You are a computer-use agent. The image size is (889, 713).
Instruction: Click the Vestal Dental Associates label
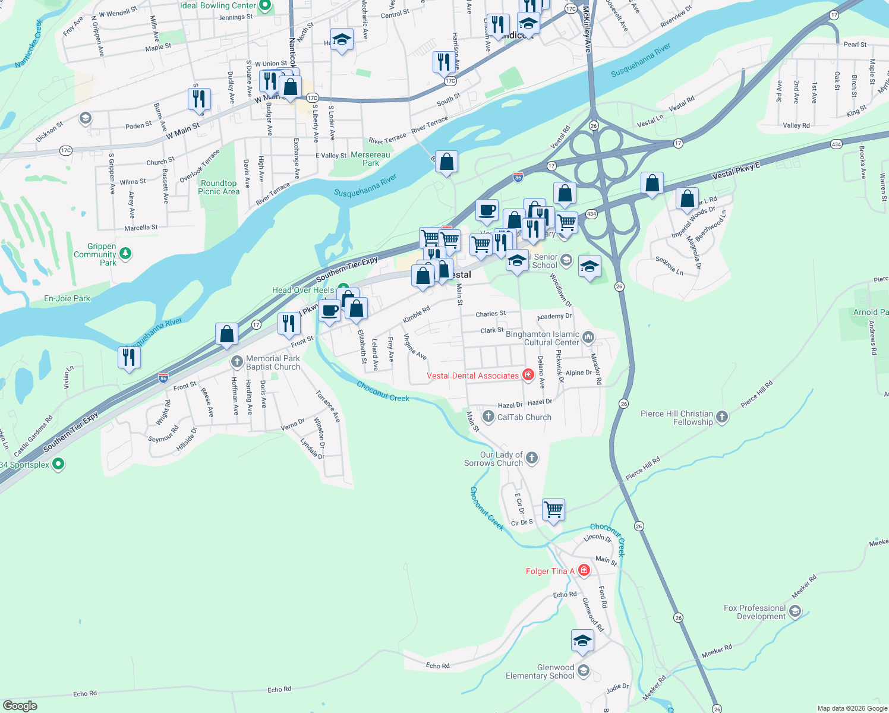(x=472, y=376)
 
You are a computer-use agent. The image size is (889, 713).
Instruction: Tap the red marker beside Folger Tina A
(x=584, y=570)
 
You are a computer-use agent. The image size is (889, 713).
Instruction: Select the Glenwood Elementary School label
(x=540, y=671)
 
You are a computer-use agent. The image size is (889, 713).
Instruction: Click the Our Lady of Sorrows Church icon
(x=532, y=458)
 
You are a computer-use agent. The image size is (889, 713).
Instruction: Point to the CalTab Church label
(x=524, y=417)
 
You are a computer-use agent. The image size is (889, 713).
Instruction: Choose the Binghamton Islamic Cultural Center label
(x=542, y=338)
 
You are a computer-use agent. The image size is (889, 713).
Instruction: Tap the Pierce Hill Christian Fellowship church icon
(x=722, y=417)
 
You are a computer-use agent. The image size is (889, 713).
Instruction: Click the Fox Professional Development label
(x=755, y=612)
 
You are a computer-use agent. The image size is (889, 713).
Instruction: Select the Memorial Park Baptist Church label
(x=273, y=362)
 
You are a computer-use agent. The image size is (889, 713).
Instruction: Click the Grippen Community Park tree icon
(x=125, y=254)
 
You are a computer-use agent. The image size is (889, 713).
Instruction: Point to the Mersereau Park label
(x=370, y=159)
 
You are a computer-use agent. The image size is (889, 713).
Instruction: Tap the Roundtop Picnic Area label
(x=219, y=187)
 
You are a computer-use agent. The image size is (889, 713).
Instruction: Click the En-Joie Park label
(x=67, y=298)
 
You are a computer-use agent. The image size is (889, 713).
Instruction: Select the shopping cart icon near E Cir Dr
(x=553, y=509)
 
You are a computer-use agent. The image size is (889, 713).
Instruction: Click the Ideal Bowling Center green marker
(x=265, y=6)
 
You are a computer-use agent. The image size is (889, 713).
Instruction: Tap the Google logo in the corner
(x=20, y=706)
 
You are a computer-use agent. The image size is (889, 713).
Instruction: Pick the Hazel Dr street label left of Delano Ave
(x=510, y=405)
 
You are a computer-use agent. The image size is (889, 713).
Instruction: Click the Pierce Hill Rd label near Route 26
(x=642, y=468)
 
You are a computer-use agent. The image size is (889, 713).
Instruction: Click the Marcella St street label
(x=141, y=228)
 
